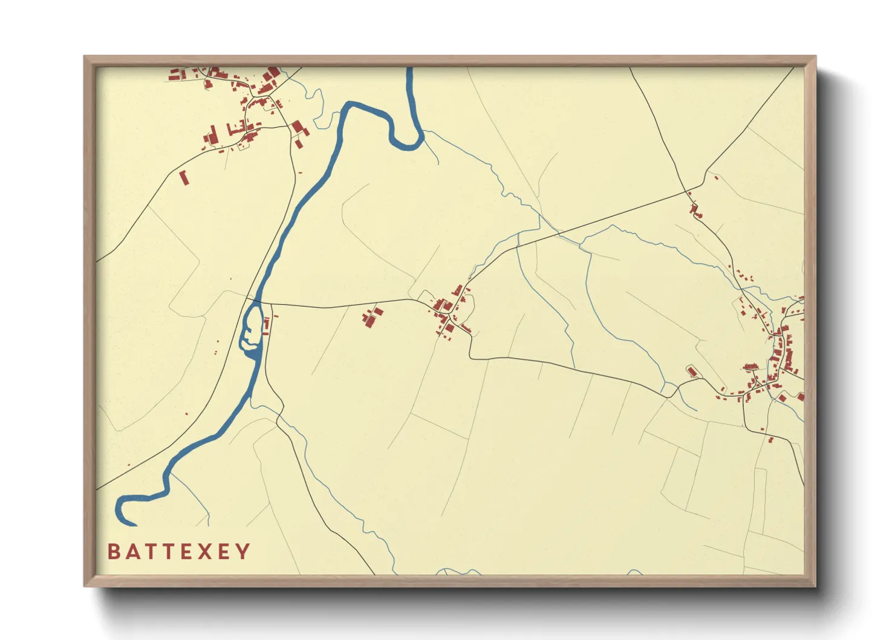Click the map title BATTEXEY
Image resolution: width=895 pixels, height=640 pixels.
pyautogui.click(x=178, y=552)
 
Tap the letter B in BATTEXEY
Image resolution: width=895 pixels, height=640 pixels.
pyautogui.click(x=113, y=552)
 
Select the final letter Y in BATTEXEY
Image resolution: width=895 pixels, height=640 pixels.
pyautogui.click(x=243, y=552)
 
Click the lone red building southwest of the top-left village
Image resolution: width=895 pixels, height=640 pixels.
pyautogui.click(x=184, y=177)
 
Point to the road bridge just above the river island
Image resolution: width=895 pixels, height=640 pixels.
pyautogui.click(x=256, y=301)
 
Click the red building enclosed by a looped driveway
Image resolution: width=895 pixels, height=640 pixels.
pyautogui.click(x=692, y=371)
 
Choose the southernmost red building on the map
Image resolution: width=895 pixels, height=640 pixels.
pyautogui.click(x=770, y=439)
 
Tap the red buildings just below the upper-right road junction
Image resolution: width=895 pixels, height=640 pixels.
pyautogui.click(x=695, y=209)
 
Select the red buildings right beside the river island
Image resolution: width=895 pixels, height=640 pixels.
pyautogui.click(x=266, y=325)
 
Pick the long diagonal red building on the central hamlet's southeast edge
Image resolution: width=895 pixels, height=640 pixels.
pyautogui.click(x=466, y=328)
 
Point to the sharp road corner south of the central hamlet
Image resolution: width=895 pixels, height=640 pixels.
pyautogui.click(x=471, y=357)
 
